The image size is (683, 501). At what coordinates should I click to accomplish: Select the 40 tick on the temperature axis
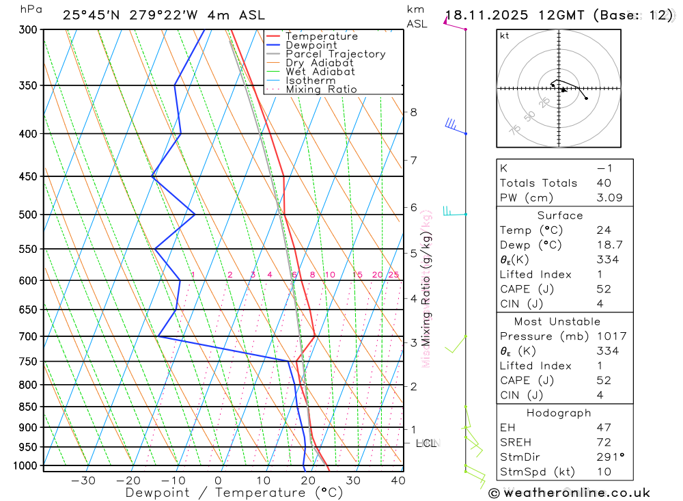point(398,480)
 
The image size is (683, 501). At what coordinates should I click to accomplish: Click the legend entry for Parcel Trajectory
point(335,54)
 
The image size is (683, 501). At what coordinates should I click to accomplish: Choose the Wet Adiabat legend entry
point(320,72)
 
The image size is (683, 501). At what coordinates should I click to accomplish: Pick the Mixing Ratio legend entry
point(321,90)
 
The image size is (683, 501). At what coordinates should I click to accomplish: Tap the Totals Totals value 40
point(603,183)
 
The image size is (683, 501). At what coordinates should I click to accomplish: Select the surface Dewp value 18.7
point(607,245)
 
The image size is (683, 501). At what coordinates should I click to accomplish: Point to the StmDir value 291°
point(609,457)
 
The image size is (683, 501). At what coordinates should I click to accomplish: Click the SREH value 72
point(603,442)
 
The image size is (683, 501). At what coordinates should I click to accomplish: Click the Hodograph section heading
point(559,413)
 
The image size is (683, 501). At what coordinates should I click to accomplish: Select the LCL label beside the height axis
point(426,444)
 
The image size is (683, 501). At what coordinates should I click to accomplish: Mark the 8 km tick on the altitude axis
point(413,112)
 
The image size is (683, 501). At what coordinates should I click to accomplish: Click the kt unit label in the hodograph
point(504,36)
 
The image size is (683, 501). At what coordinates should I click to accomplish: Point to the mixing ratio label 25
point(393,275)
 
